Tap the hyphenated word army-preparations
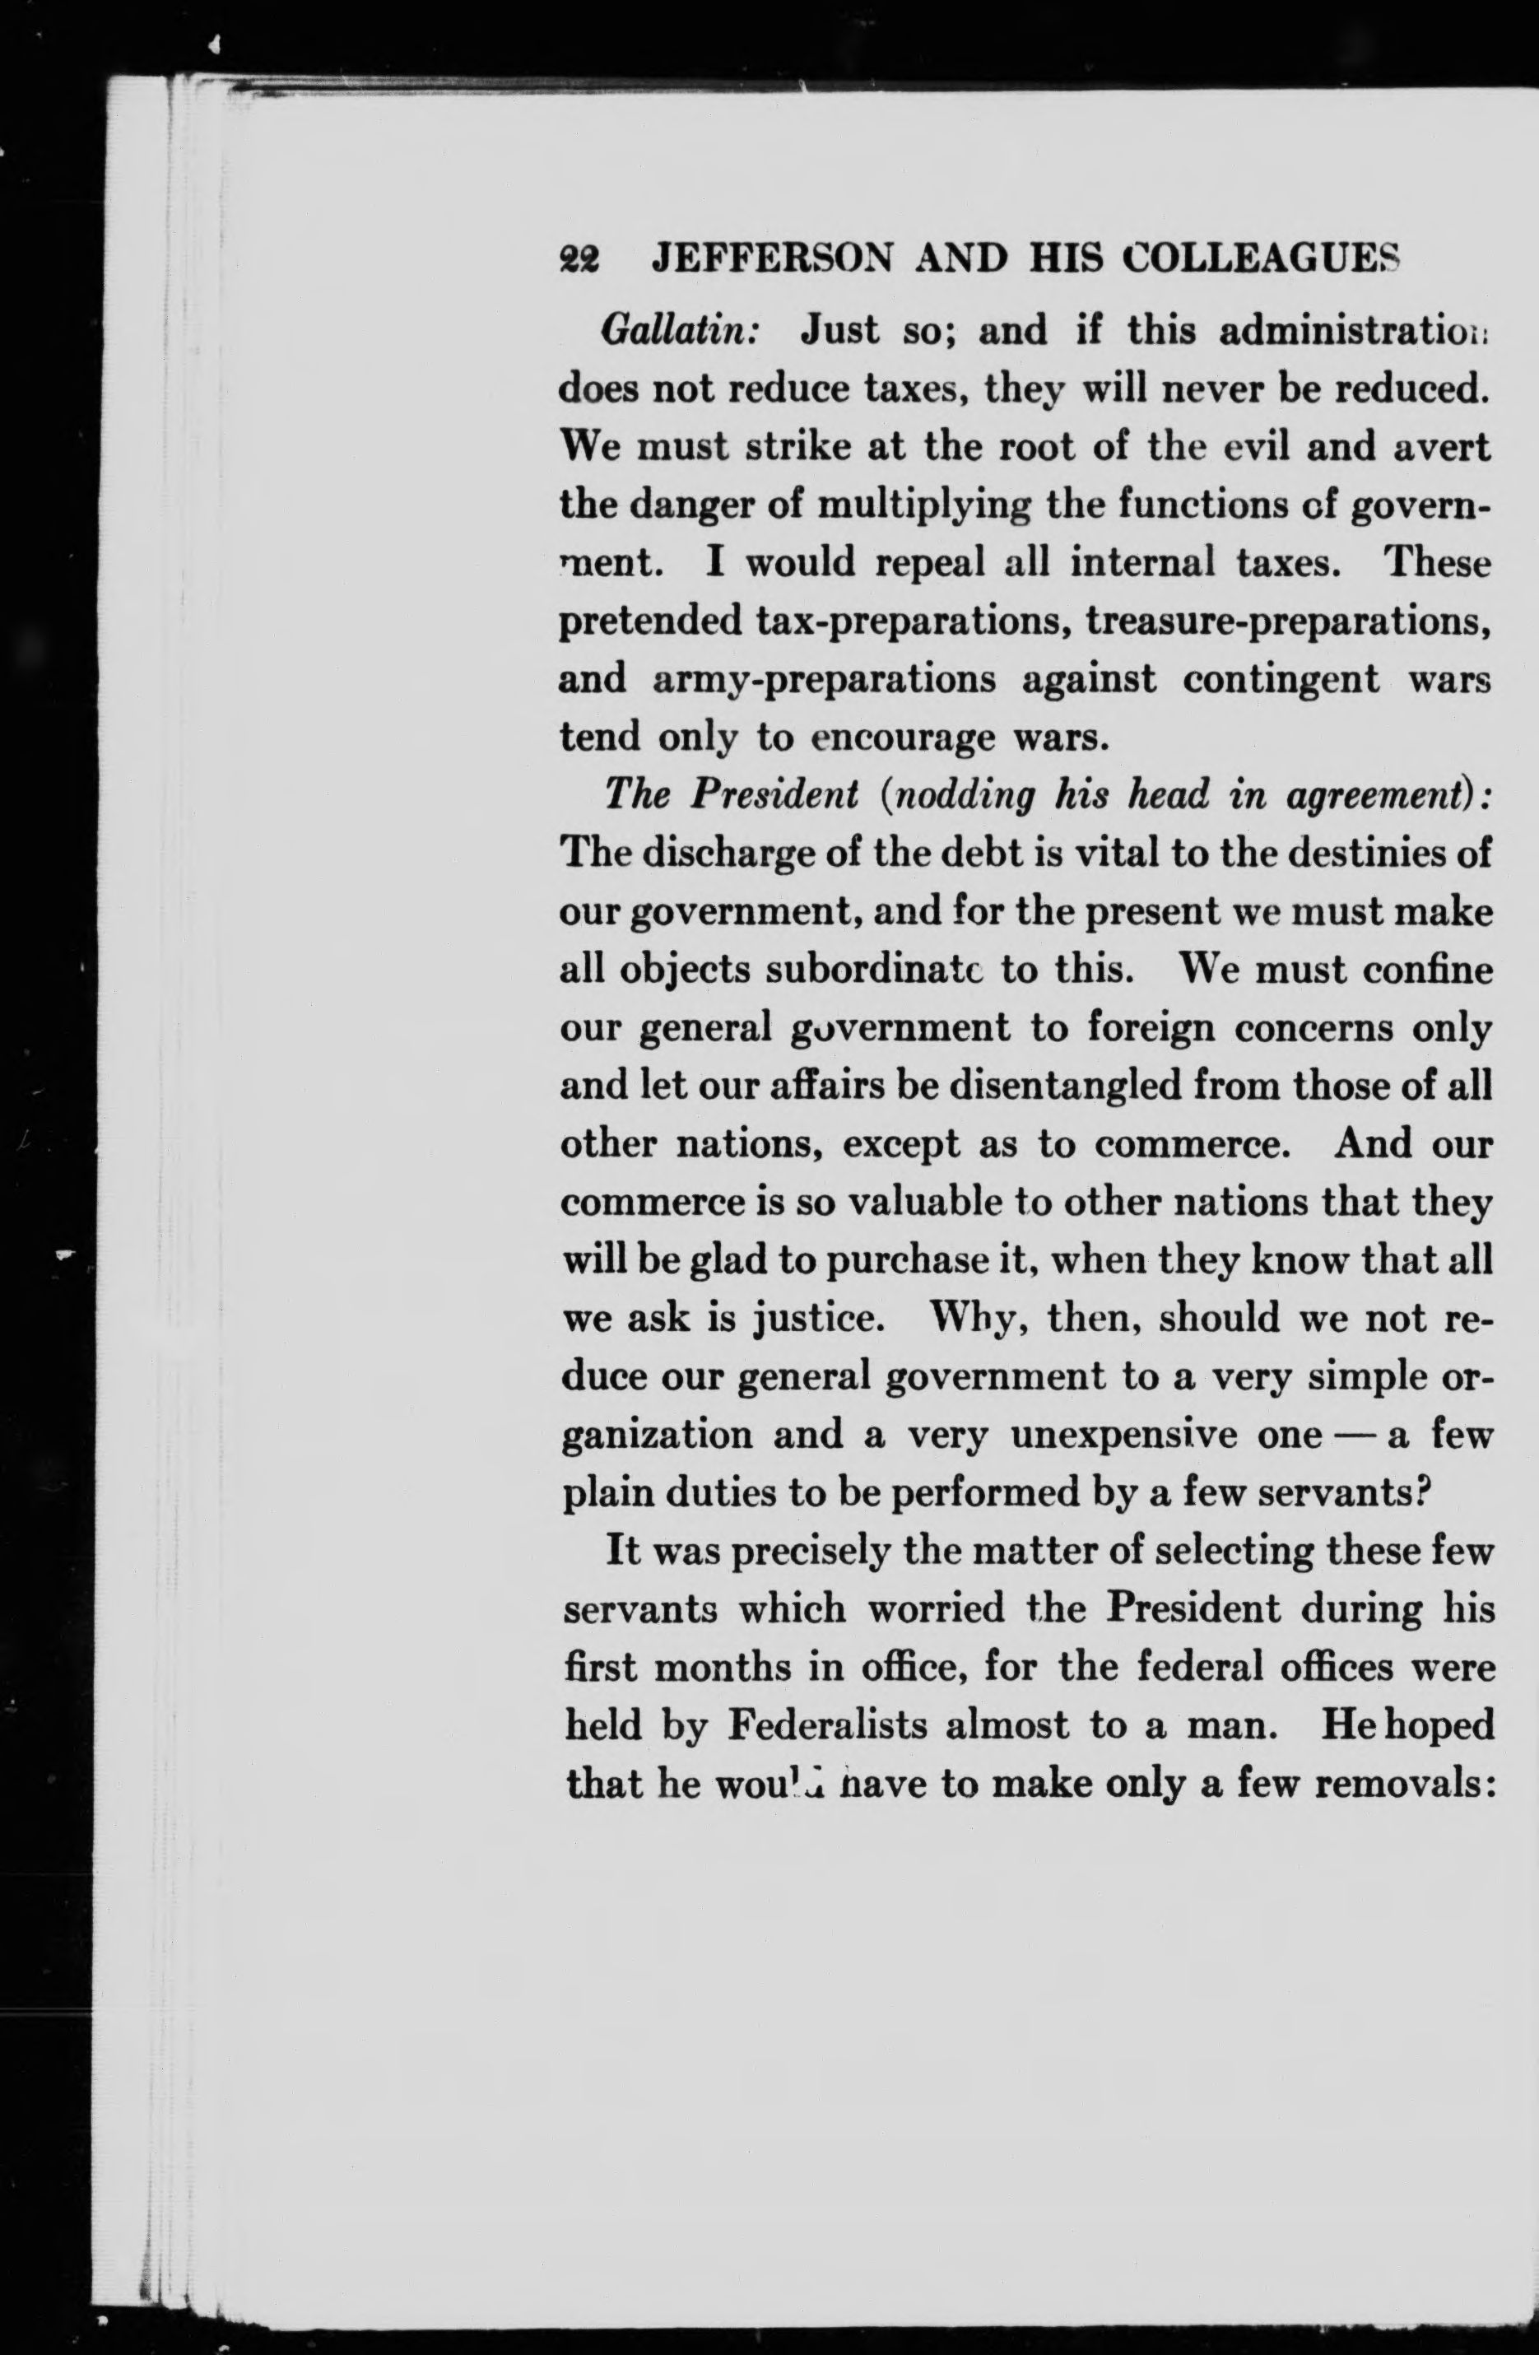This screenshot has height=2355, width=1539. [824, 680]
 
